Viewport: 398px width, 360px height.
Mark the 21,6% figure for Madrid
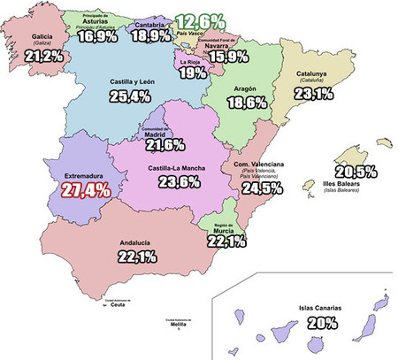164,144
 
